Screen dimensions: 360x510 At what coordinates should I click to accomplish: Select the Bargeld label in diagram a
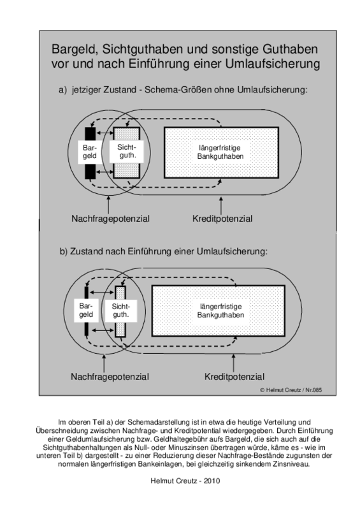[x=89, y=152]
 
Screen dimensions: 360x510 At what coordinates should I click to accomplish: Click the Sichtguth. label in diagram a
[x=127, y=151]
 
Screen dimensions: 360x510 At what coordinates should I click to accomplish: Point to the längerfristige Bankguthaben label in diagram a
[x=220, y=152]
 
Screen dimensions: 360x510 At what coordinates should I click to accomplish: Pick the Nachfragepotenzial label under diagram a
[x=111, y=219]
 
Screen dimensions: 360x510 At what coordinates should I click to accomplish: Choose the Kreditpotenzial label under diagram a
[x=222, y=219]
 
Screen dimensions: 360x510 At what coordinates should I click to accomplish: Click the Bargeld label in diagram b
[x=86, y=310]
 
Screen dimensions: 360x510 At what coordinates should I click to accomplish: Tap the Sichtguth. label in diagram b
[x=120, y=310]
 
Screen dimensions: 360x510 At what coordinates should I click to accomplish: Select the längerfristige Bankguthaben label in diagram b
[x=220, y=310]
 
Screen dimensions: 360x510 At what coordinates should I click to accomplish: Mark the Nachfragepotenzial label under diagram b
[x=110, y=377]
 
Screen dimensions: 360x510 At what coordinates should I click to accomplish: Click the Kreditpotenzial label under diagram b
[x=234, y=377]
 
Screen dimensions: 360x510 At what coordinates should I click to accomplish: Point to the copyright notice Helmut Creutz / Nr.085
[x=291, y=390]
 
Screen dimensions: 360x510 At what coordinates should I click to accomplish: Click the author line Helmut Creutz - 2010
[x=185, y=481]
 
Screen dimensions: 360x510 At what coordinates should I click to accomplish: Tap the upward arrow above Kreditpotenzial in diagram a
[x=221, y=205]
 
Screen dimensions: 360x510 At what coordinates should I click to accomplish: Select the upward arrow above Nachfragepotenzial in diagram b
[x=104, y=363]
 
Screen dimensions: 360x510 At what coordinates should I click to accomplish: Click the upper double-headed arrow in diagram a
[x=104, y=133]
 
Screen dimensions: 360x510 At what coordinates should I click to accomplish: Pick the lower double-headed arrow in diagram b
[x=103, y=330]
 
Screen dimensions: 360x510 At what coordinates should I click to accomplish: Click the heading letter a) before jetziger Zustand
[x=62, y=89]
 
